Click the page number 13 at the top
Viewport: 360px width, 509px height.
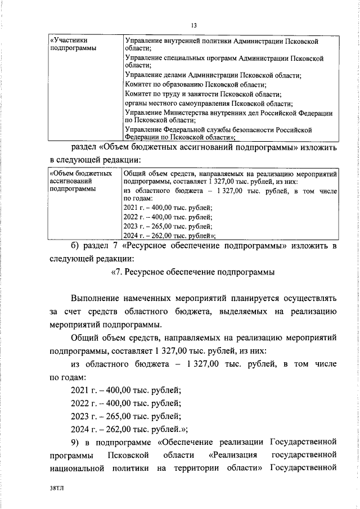click(x=193, y=25)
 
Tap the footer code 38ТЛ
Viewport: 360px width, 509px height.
click(x=57, y=491)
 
